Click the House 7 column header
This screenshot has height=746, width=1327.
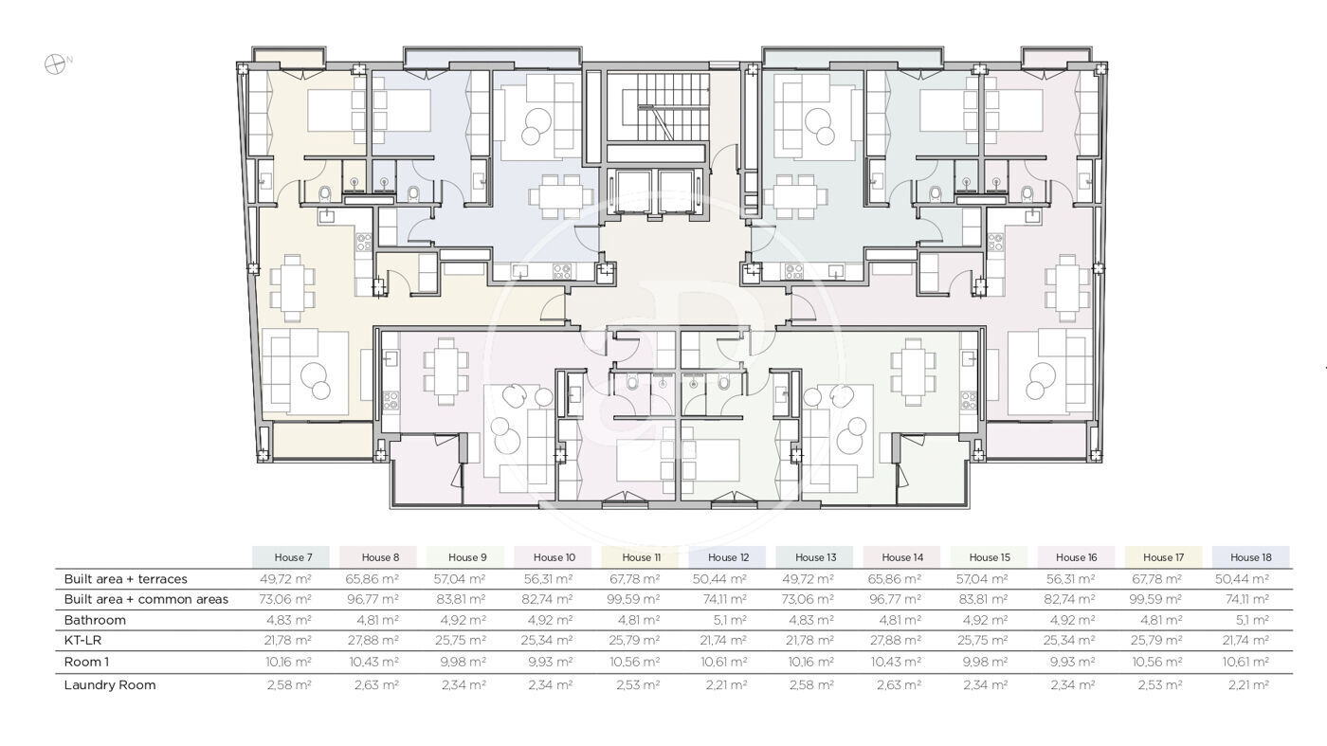293,557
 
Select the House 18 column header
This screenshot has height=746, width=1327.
1250,557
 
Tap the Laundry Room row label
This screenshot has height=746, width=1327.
110,685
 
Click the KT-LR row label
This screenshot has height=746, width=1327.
82,641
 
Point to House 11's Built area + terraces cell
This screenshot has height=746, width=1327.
634,579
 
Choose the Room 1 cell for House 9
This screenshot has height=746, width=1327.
463,662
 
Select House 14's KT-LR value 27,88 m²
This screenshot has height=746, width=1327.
896,641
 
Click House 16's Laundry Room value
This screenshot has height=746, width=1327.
1073,685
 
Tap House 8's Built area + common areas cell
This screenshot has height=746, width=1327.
373,599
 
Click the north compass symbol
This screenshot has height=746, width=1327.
55,64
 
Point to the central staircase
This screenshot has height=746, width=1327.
658,107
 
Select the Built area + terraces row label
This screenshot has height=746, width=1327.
125,579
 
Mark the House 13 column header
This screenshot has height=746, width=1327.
815,557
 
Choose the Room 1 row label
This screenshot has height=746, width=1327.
86,662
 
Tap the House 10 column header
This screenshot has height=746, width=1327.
554,557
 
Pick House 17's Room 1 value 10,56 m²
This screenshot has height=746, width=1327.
1157,662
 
